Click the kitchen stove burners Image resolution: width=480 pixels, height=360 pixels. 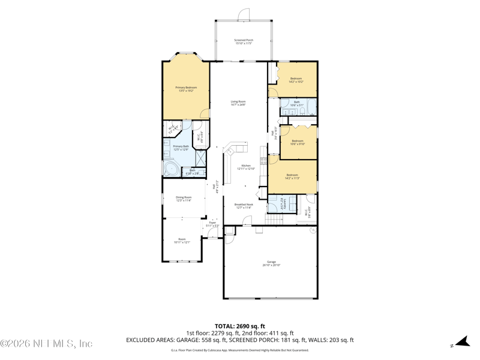263,161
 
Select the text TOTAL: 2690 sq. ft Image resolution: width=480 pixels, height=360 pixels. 240,326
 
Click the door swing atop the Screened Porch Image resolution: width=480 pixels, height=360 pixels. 243,14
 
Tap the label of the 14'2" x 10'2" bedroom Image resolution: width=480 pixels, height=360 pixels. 296,80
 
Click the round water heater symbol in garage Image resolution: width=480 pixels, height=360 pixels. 313,230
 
